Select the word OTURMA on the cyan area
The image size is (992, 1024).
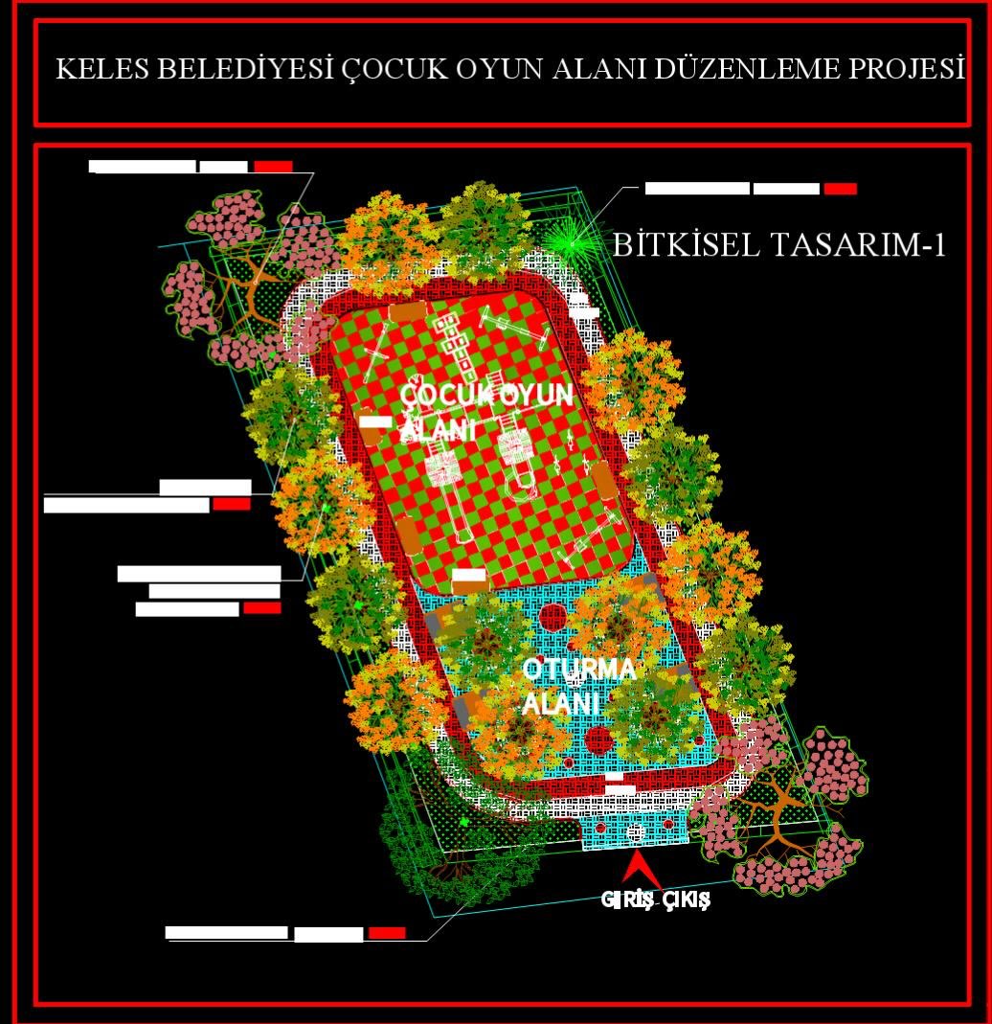578,670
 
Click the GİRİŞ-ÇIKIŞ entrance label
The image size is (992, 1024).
655,900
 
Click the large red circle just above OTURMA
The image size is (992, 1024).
552,618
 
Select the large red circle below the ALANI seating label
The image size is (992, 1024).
599,739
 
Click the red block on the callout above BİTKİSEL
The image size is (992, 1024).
840,189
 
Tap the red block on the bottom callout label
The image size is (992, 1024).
387,932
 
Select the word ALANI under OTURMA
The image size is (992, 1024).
560,704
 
